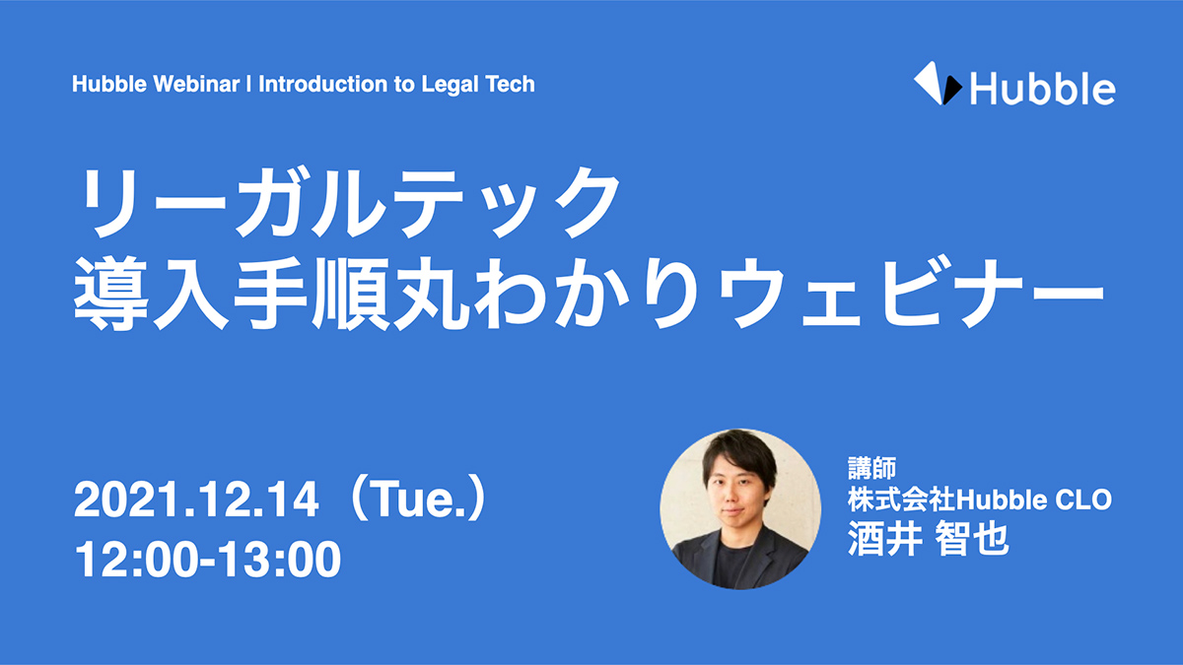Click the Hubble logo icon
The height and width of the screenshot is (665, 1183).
click(x=938, y=84)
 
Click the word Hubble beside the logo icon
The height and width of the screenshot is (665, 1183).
click(x=1043, y=90)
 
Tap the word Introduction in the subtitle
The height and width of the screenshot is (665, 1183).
click(x=323, y=84)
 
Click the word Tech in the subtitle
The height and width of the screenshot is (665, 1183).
click(x=511, y=84)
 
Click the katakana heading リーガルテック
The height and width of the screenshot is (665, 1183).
click(x=349, y=202)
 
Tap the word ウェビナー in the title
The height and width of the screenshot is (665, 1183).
click(x=911, y=294)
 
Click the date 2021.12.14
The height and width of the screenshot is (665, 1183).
click(x=196, y=499)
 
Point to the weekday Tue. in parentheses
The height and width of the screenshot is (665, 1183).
click(x=420, y=499)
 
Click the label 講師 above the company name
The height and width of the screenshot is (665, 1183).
click(x=871, y=468)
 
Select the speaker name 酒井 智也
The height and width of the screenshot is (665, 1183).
click(x=929, y=539)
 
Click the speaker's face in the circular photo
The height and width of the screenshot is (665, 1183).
click(x=736, y=494)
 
